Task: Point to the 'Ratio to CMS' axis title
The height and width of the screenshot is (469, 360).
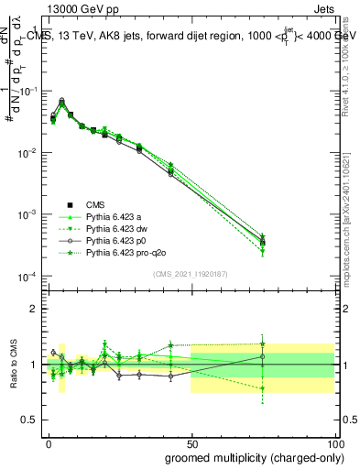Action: point(12,364)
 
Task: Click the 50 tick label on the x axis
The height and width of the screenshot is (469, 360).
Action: point(191,442)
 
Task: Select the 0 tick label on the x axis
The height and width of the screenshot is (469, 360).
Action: point(48,442)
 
